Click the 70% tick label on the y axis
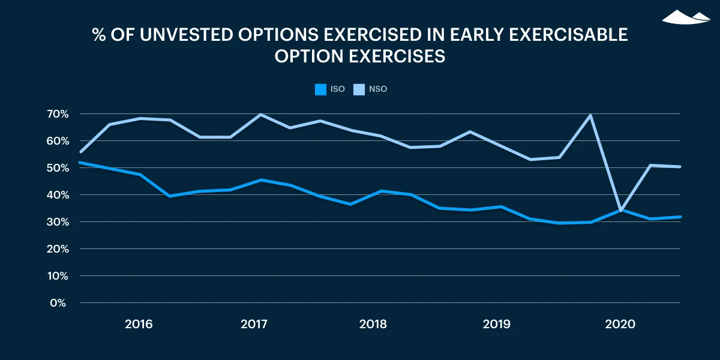[x=58, y=114]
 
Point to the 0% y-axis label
[x=58, y=303]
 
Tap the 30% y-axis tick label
[x=58, y=222]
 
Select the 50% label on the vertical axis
[x=58, y=168]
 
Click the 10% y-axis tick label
[x=58, y=276]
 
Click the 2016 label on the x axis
[x=139, y=324]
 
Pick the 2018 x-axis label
[x=373, y=324]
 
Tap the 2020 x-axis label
[x=620, y=324]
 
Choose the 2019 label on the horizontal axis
[x=496, y=324]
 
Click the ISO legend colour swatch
[x=320, y=89]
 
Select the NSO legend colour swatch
[x=359, y=89]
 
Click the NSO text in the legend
[x=378, y=89]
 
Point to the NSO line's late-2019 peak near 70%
[x=590, y=115]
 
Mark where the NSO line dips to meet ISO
[x=620, y=211]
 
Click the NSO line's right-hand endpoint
[x=680, y=167]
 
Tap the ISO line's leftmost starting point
[x=80, y=163]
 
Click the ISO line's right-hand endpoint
[x=680, y=217]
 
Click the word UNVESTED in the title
[x=187, y=34]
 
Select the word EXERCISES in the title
[x=397, y=56]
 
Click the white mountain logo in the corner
[x=686, y=17]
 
